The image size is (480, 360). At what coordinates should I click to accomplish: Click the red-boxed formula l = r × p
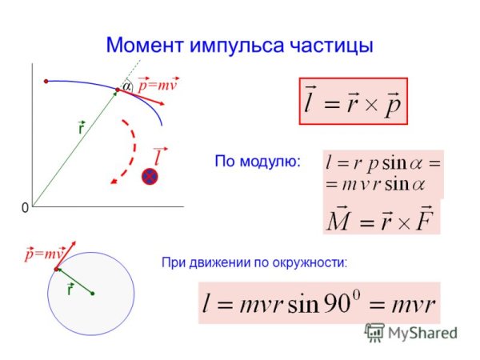[x=353, y=101]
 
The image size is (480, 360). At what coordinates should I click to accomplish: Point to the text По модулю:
[x=257, y=161]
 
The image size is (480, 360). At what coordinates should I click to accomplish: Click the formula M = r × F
[x=381, y=218]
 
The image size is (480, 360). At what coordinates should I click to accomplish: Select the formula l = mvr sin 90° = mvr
[x=319, y=302]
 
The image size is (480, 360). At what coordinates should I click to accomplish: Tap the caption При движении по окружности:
[x=254, y=262]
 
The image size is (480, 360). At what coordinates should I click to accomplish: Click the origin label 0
[x=25, y=207]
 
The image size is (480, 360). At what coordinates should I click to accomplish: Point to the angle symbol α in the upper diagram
[x=126, y=86]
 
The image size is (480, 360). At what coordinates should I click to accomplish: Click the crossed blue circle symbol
[x=150, y=177]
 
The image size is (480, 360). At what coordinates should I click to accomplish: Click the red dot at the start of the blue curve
[x=46, y=81]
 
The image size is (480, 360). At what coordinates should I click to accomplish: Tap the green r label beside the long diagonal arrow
[x=81, y=128]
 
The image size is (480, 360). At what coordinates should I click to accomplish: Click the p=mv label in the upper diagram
[x=157, y=84]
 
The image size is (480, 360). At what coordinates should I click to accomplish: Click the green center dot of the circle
[x=93, y=294]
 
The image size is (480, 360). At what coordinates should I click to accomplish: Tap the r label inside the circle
[x=70, y=289]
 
